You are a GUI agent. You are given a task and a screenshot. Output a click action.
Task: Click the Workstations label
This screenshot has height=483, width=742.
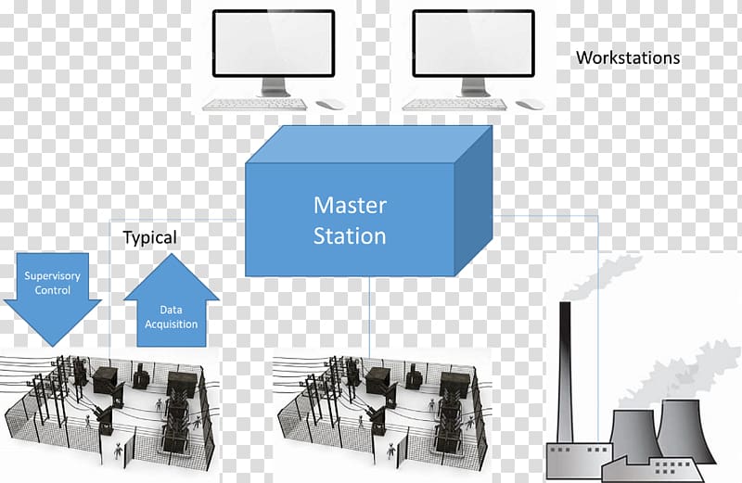(628, 57)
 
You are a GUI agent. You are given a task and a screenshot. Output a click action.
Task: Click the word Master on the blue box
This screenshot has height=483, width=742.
(350, 205)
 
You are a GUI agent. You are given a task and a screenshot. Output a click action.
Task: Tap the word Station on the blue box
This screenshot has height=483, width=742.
(350, 235)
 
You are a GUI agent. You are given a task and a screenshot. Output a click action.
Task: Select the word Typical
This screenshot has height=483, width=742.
(149, 237)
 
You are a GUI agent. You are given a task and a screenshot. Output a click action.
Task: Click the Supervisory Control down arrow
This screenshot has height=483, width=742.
(52, 298)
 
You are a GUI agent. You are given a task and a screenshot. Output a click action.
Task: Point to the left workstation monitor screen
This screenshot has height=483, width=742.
(274, 44)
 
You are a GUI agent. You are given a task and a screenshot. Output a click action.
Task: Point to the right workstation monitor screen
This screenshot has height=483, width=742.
(474, 44)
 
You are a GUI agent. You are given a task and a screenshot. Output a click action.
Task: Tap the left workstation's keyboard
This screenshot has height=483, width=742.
(254, 105)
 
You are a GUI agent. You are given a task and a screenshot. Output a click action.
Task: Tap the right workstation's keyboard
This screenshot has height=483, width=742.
(454, 105)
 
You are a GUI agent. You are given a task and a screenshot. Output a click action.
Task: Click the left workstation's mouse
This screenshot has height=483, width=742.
(330, 104)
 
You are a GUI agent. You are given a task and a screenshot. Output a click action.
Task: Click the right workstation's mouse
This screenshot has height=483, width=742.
(530, 104)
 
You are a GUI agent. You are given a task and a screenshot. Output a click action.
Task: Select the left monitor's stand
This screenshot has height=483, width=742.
(274, 87)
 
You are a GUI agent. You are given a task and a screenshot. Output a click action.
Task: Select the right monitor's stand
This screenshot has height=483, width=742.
(474, 87)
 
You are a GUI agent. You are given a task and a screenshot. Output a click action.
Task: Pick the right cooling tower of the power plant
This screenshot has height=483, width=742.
(684, 430)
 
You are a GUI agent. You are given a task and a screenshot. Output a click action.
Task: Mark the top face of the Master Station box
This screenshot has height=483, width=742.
(369, 145)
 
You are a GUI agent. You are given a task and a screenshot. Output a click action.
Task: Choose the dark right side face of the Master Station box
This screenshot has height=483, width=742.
(473, 200)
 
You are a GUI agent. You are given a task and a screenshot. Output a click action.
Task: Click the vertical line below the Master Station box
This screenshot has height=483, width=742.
(369, 316)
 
